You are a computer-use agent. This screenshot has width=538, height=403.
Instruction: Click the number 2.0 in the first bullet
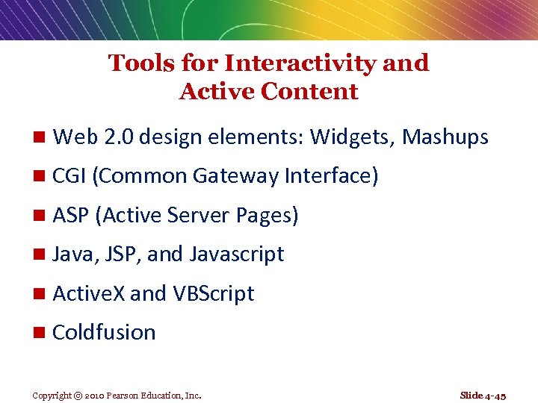(x=117, y=137)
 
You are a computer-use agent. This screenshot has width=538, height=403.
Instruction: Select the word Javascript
(x=237, y=254)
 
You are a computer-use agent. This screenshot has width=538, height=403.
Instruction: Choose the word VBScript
(x=213, y=293)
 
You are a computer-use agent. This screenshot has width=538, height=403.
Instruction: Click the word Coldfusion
(x=104, y=332)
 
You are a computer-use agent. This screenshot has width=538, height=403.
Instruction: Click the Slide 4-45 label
(x=483, y=395)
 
